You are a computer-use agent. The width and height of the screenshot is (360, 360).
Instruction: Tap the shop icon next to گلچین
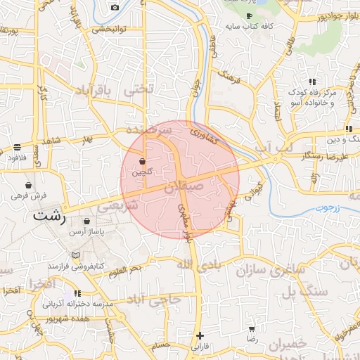point(143,161)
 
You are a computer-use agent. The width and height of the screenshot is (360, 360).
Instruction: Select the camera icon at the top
point(115,8)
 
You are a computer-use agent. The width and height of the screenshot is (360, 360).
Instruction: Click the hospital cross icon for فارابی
point(200,335)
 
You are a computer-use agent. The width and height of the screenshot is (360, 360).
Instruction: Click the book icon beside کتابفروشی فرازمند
point(75,255)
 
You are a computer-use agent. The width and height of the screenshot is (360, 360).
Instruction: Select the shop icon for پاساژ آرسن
point(86,221)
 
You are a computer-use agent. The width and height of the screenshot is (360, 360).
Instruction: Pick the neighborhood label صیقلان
point(184,188)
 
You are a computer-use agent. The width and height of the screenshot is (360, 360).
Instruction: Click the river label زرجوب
point(327,208)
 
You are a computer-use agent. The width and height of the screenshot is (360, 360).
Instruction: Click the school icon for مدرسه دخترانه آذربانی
point(77,293)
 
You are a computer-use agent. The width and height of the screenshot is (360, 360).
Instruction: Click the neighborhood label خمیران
point(288,344)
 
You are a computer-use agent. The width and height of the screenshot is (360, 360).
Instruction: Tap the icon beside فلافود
point(16,147)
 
